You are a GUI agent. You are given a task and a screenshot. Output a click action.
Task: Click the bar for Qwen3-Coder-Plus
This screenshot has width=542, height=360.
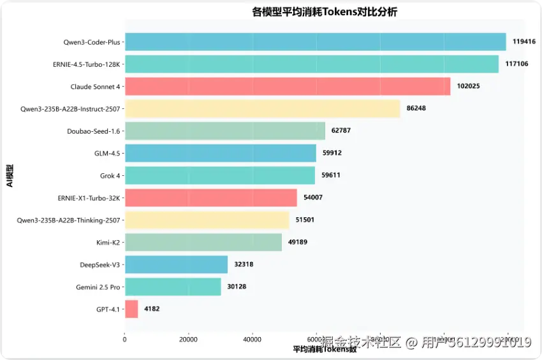pyautogui.click(x=315, y=42)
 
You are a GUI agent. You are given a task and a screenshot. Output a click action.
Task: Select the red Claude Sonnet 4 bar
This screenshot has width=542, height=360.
pyautogui.click(x=287, y=87)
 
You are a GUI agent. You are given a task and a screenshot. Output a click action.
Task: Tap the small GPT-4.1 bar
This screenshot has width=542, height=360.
pyautogui.click(x=131, y=309)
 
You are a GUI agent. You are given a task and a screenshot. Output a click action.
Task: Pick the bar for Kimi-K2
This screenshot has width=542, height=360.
pyautogui.click(x=203, y=242)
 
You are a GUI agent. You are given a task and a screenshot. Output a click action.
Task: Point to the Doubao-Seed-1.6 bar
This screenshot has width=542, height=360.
pyautogui.click(x=224, y=131)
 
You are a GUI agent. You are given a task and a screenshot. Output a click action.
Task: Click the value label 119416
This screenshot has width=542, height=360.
pyautogui.click(x=524, y=42)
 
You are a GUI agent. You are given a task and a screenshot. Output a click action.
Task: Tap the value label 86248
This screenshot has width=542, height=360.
pyautogui.click(x=416, y=108)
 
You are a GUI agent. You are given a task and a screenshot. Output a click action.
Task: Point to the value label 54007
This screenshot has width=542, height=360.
pyautogui.click(x=313, y=198)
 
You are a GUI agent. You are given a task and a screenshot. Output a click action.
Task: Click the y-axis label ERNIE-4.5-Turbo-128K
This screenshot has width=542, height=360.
pyautogui.click(x=87, y=64)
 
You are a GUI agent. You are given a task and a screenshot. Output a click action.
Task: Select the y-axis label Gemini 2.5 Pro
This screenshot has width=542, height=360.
pyautogui.click(x=98, y=287)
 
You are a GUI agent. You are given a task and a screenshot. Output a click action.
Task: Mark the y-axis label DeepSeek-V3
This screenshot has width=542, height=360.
pyautogui.click(x=100, y=264)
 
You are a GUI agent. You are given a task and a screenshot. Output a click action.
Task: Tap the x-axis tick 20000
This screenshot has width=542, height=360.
pyautogui.click(x=188, y=339)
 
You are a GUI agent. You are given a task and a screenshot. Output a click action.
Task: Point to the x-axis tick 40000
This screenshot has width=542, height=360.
pyautogui.click(x=253, y=339)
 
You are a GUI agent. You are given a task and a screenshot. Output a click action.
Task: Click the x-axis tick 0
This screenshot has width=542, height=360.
pyautogui.click(x=125, y=339)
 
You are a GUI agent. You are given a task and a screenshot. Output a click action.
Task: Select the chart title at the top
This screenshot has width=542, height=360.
pyautogui.click(x=325, y=11)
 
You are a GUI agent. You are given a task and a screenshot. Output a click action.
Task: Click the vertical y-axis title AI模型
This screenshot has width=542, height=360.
pyautogui.click(x=9, y=175)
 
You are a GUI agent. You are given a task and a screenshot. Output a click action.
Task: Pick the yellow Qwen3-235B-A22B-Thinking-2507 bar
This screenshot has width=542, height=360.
pyautogui.click(x=207, y=220)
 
